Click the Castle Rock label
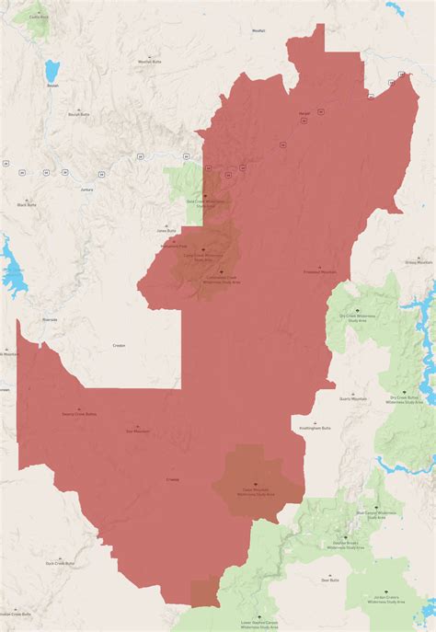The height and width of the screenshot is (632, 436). (39, 17)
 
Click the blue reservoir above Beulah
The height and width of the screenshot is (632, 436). (52, 70)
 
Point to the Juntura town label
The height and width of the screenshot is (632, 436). (86, 190)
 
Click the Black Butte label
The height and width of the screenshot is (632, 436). (28, 204)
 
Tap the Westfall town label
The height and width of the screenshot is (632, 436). (258, 30)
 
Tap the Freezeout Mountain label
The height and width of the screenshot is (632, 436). (320, 272)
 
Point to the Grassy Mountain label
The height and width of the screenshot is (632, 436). (419, 262)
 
